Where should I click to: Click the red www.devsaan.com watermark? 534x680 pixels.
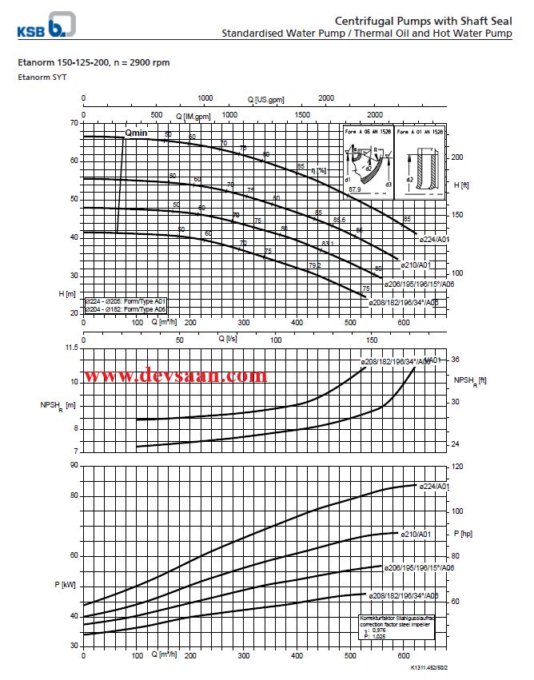pos(176,375)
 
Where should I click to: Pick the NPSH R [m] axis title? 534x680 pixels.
pos(58,405)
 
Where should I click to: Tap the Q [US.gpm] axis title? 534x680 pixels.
pos(265,100)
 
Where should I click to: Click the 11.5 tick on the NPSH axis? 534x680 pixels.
pos(71,348)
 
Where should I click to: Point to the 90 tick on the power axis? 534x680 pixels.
pos(74,464)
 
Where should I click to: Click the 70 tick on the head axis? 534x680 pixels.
pos(74,123)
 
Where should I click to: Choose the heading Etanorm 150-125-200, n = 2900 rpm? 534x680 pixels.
pos(94,62)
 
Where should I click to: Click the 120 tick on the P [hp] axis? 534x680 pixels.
pos(458,465)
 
